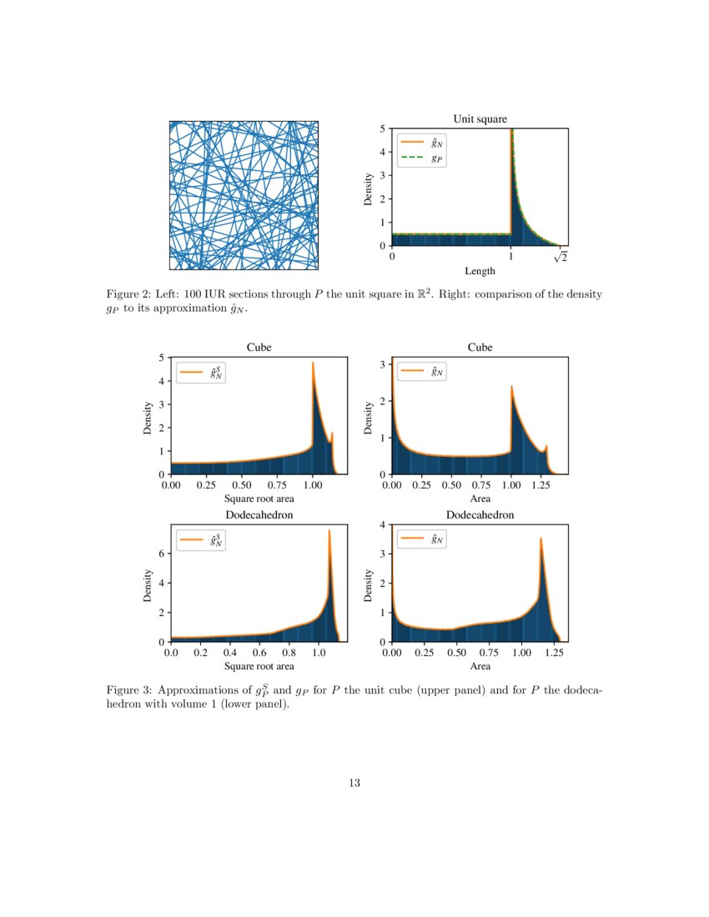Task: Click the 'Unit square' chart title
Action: point(480,119)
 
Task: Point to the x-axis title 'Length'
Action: point(480,271)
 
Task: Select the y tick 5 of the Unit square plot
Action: point(382,128)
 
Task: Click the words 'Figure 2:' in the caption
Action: point(128,295)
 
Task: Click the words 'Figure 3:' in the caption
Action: point(128,691)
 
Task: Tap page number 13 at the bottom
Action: point(354,783)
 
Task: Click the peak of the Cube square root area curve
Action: point(313,363)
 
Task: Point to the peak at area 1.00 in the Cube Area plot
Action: point(511,387)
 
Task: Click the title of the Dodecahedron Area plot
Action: point(480,515)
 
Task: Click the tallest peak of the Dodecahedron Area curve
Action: point(541,539)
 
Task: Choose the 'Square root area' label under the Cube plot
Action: point(259,499)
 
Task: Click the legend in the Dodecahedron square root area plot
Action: point(201,540)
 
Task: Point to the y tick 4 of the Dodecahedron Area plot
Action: point(382,524)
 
